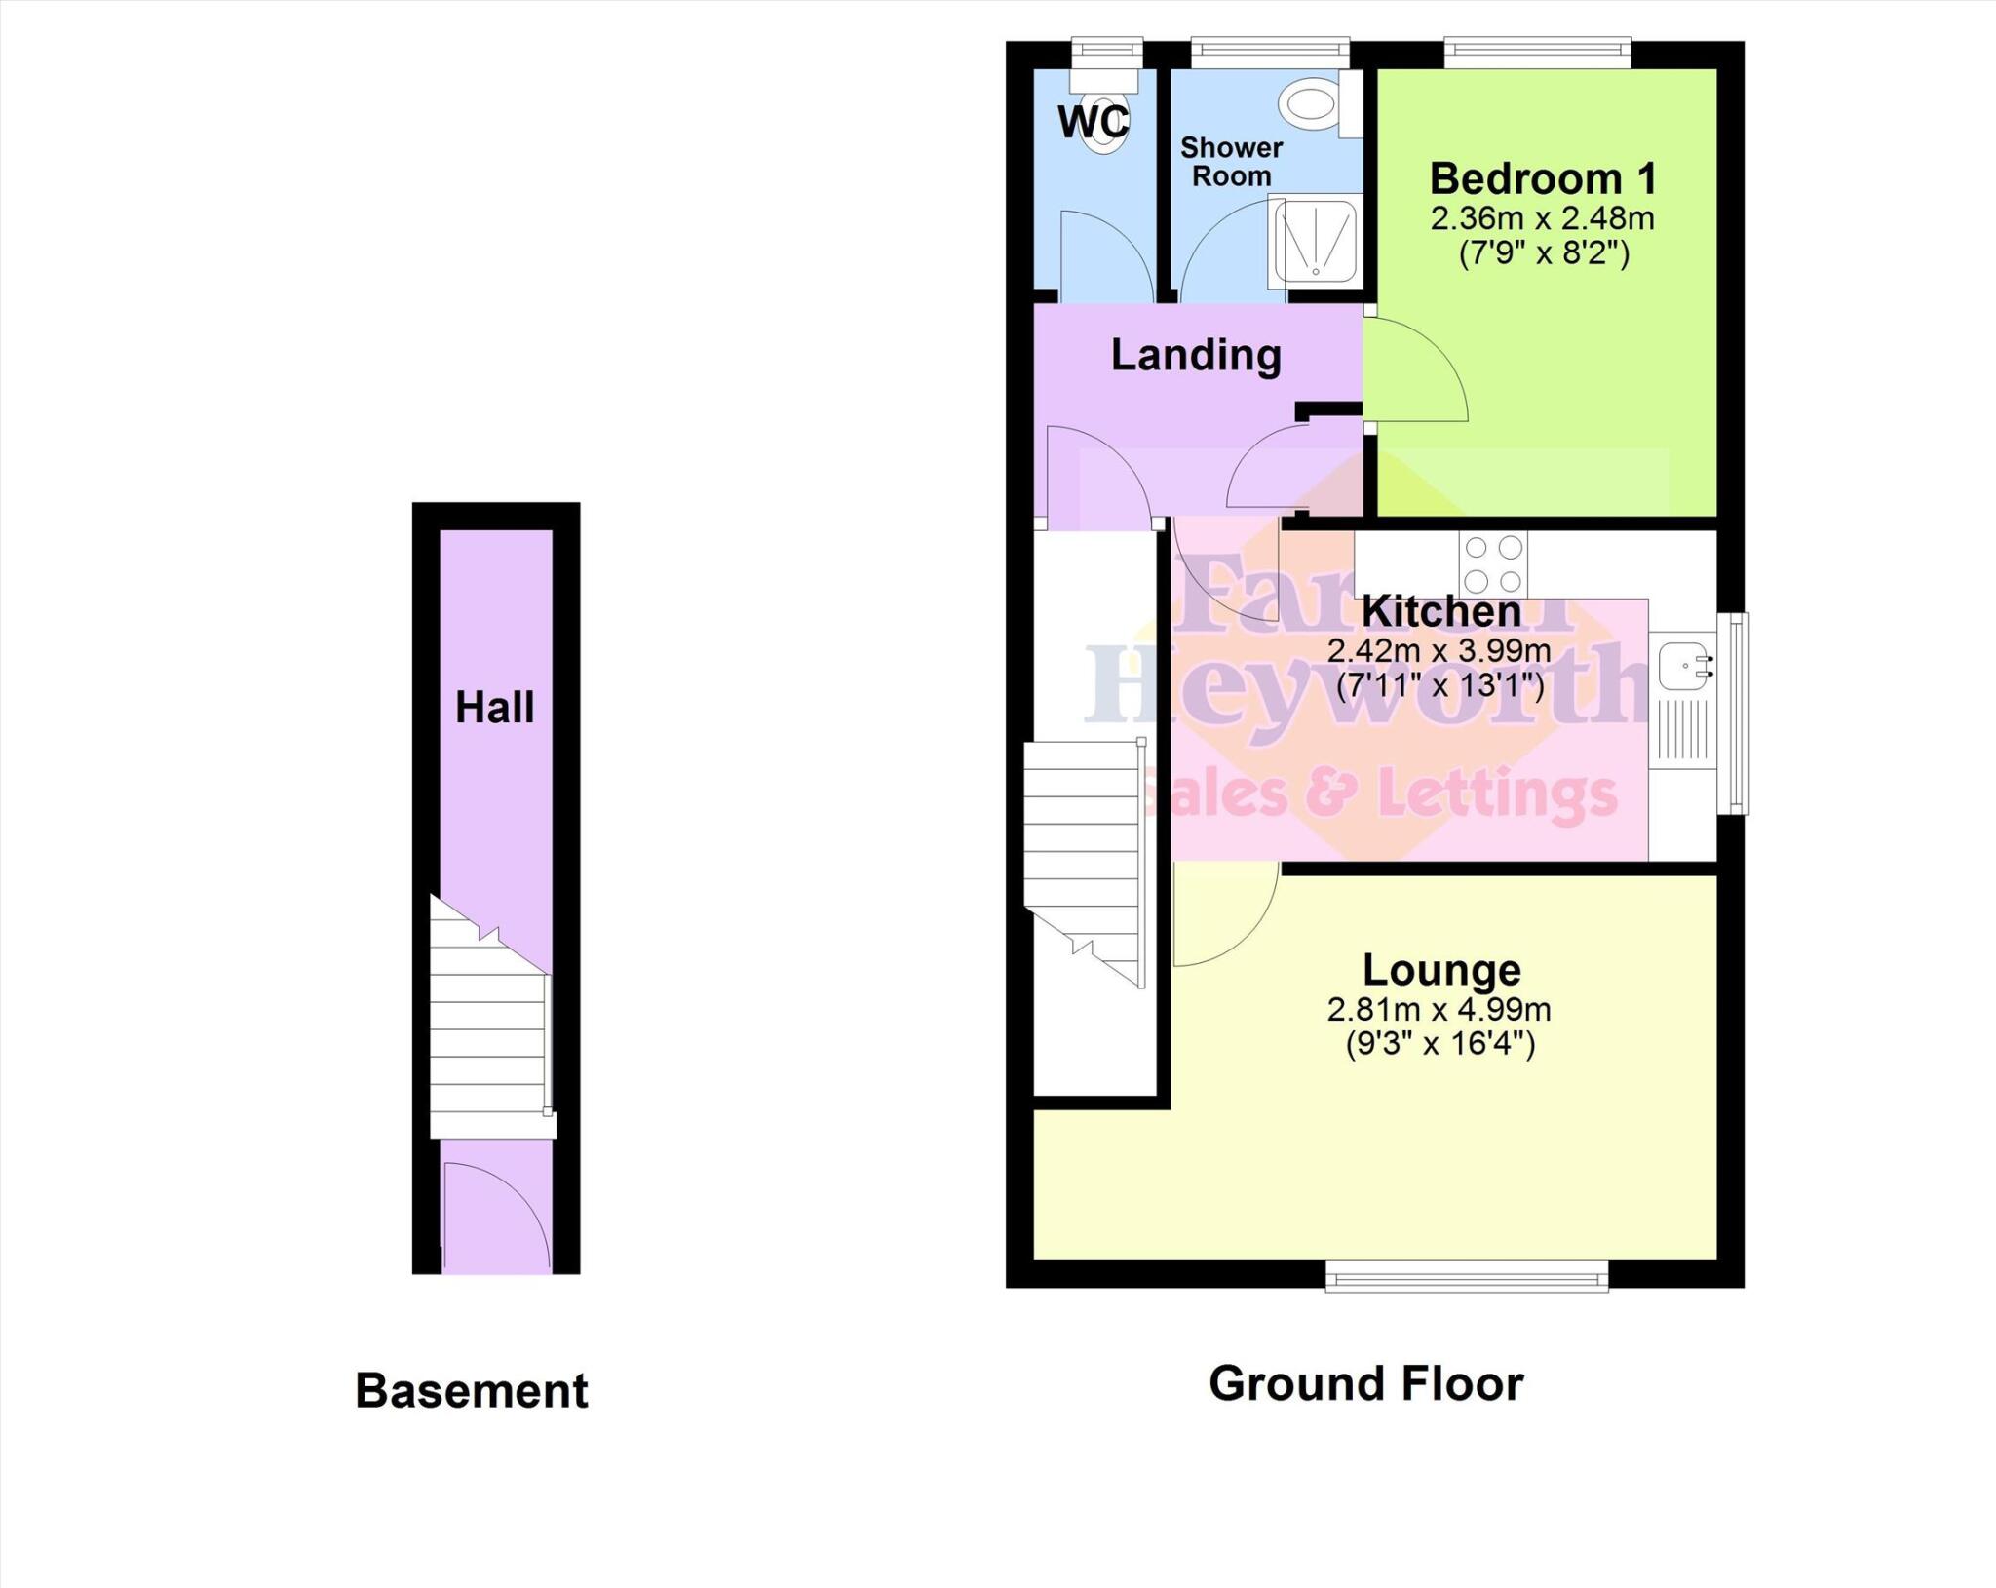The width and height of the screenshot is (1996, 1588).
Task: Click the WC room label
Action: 1093,123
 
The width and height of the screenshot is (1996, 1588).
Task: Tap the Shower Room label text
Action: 1231,162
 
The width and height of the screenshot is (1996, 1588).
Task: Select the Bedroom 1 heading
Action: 1543,179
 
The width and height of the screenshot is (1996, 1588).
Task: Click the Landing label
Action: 1196,355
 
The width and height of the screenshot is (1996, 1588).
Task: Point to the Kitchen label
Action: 1440,612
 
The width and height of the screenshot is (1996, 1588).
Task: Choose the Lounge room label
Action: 1440,970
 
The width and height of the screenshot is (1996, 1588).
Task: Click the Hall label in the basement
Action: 495,708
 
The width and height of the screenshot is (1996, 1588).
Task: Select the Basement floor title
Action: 472,1390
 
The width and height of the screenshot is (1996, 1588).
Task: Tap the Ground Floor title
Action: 1365,1383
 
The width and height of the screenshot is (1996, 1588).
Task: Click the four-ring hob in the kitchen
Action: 1493,565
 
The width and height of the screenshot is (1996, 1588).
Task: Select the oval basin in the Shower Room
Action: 1309,103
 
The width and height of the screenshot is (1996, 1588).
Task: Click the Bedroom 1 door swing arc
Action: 1423,370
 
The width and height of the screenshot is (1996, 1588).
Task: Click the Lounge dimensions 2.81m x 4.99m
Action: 1439,1010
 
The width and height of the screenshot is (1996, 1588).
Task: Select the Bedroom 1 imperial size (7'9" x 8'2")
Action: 1544,253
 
